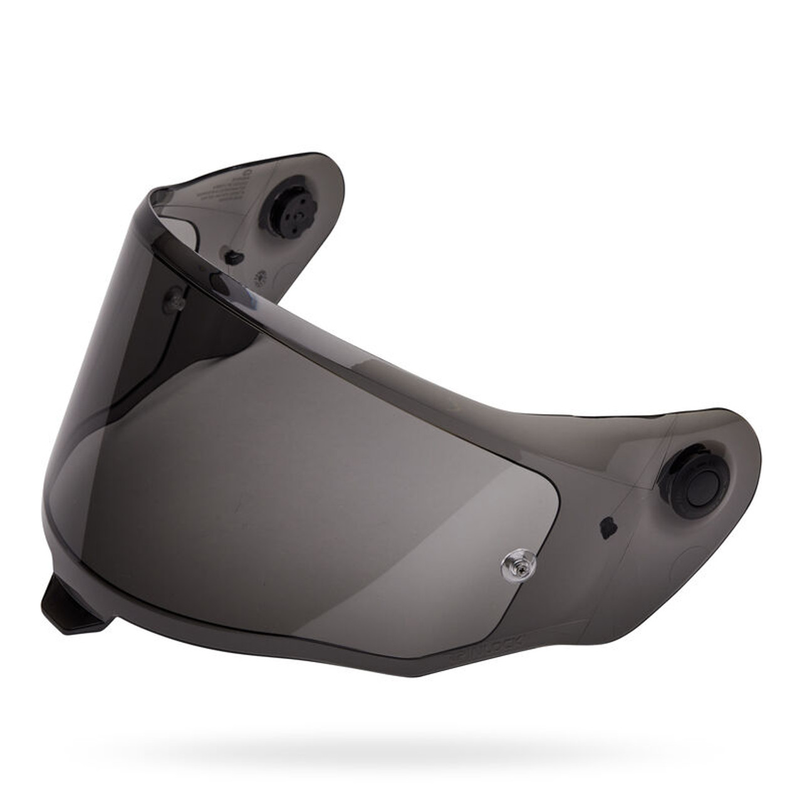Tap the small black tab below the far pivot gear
[x=232, y=257]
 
